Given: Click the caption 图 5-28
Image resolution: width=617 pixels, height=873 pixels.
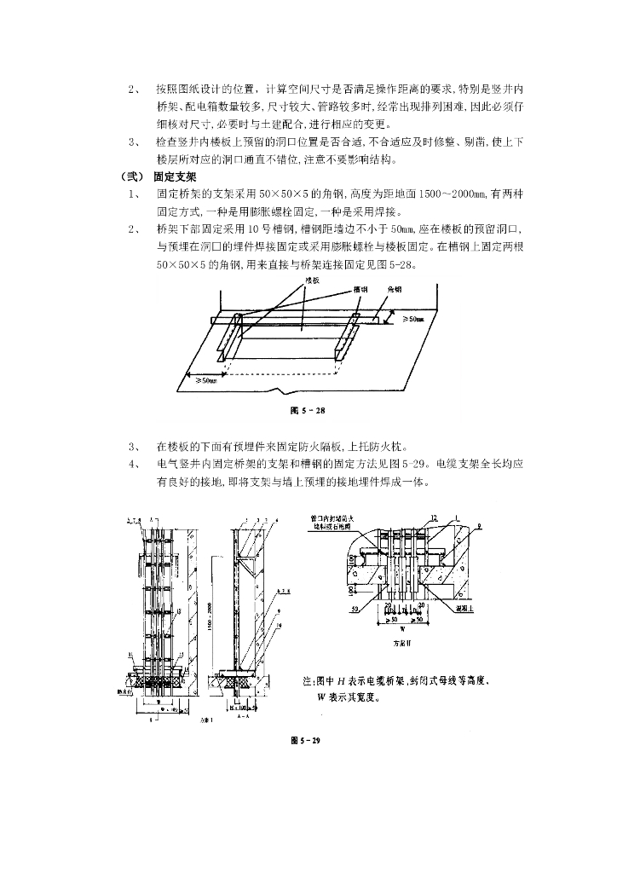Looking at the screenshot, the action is [x=308, y=410].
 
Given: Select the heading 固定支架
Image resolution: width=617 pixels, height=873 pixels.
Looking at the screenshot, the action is [x=176, y=177].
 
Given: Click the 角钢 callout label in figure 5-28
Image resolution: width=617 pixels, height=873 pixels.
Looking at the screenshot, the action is [x=395, y=289].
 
